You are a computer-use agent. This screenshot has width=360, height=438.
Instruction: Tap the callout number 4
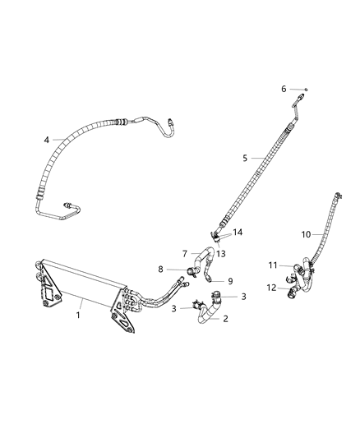tap(47, 140)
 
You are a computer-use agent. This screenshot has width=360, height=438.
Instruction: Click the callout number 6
tap(283, 89)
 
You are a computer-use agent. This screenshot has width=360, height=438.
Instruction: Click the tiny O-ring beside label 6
tap(304, 89)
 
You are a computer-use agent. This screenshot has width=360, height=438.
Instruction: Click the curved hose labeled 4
tap(74, 139)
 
